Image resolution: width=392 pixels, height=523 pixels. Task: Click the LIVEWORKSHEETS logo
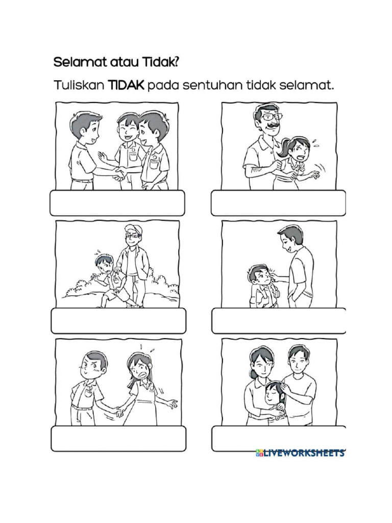click(x=300, y=453)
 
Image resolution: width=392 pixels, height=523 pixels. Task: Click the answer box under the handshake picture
click(x=117, y=203)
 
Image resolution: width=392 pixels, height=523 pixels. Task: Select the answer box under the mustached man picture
click(x=278, y=203)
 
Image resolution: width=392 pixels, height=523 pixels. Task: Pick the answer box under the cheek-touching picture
click(x=278, y=321)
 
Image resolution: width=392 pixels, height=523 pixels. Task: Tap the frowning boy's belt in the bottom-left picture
click(x=82, y=407)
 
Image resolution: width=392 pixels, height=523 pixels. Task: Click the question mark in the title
click(x=176, y=62)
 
